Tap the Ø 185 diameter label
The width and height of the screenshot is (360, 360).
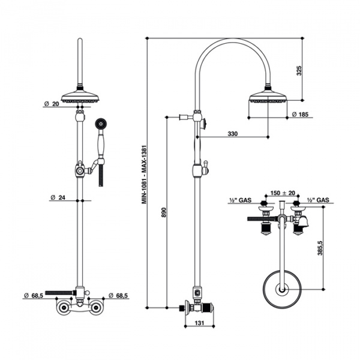click(299, 114)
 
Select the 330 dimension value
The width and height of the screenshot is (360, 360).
click(233, 133)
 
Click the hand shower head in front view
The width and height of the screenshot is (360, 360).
click(99, 124)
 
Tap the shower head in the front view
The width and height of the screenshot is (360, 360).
click(79, 97)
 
